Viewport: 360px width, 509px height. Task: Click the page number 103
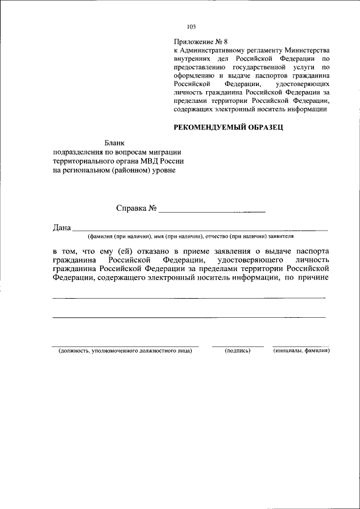(191, 26)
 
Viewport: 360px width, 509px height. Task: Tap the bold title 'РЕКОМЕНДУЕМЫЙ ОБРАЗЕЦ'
(228, 127)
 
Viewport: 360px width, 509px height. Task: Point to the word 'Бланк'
(112, 143)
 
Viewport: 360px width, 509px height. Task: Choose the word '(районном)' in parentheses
(127, 170)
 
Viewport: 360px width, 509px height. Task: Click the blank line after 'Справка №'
(212, 211)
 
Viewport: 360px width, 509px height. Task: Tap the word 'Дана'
(62, 228)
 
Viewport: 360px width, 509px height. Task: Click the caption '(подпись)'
(237, 351)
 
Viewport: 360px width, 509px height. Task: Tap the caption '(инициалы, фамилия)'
(301, 351)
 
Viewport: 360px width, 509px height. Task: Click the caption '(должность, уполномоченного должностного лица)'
(125, 351)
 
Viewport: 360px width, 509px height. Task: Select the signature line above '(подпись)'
(237, 345)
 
